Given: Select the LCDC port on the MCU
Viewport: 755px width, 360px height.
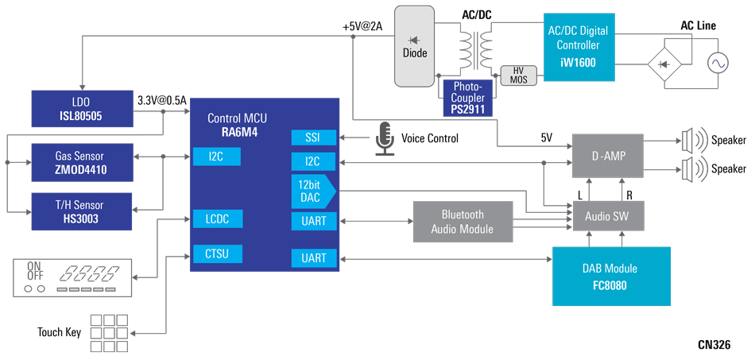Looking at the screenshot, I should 217,219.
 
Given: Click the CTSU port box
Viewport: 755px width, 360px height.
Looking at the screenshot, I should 217,254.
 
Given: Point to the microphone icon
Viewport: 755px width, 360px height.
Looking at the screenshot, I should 385,137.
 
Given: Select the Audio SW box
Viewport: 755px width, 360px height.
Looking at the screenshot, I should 608,215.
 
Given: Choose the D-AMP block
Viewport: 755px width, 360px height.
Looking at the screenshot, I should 608,156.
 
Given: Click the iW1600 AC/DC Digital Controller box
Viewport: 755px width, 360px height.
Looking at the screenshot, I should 579,47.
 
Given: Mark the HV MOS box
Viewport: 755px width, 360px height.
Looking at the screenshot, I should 518,75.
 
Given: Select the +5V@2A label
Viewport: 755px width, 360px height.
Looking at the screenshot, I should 362,26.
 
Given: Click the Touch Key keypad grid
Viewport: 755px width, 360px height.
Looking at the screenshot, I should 107,332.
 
